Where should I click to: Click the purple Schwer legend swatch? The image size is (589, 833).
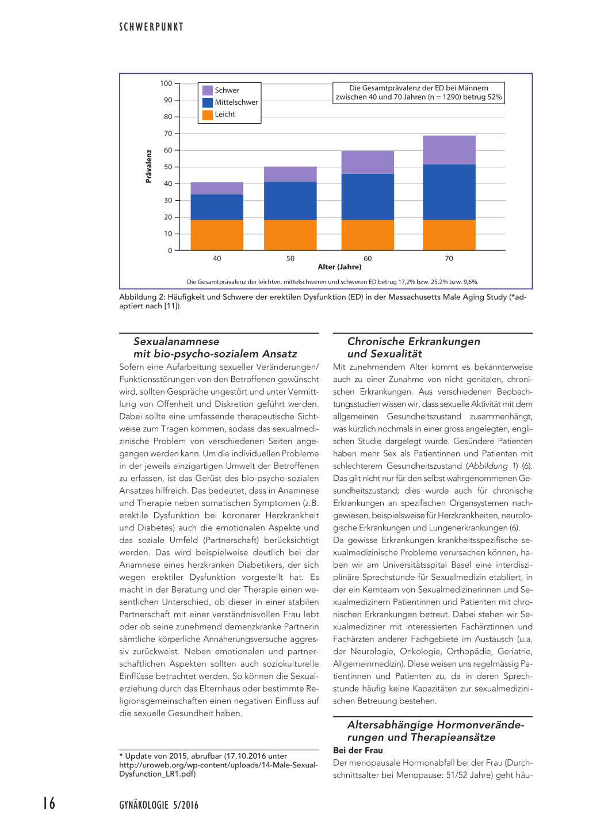pos(208,90)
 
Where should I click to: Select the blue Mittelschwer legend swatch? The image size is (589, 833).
pos(208,102)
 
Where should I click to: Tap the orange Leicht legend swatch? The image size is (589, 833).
pos(208,114)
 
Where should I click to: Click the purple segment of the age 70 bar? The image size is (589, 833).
pos(449,150)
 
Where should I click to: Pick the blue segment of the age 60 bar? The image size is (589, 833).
pos(368,196)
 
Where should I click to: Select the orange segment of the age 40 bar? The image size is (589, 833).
pos(217,235)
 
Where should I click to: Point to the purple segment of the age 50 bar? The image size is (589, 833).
pos(290,174)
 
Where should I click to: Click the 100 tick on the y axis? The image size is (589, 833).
pos(166,83)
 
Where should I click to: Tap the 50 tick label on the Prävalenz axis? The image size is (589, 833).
pos(168,167)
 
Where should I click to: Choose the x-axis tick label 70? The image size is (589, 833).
pos(449,259)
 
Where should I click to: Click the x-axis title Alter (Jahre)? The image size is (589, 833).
pos(339,267)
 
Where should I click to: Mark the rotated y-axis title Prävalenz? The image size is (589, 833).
pos(149,166)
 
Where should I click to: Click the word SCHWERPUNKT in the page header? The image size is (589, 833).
pos(151,27)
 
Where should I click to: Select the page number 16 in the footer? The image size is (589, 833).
pos(49,803)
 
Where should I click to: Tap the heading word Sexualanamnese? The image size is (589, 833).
pos(176,342)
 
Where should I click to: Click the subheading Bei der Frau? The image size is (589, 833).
pos(358,750)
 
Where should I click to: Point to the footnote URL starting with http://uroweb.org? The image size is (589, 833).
pos(219,765)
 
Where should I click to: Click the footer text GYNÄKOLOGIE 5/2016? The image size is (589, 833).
pos(159,805)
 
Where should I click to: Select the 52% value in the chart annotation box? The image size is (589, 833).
pos(495,97)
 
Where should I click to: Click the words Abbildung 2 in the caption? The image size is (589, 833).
pos(141,297)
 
